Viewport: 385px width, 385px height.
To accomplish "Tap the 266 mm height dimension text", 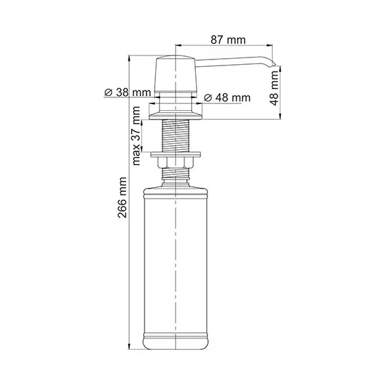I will tap(122, 203).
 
